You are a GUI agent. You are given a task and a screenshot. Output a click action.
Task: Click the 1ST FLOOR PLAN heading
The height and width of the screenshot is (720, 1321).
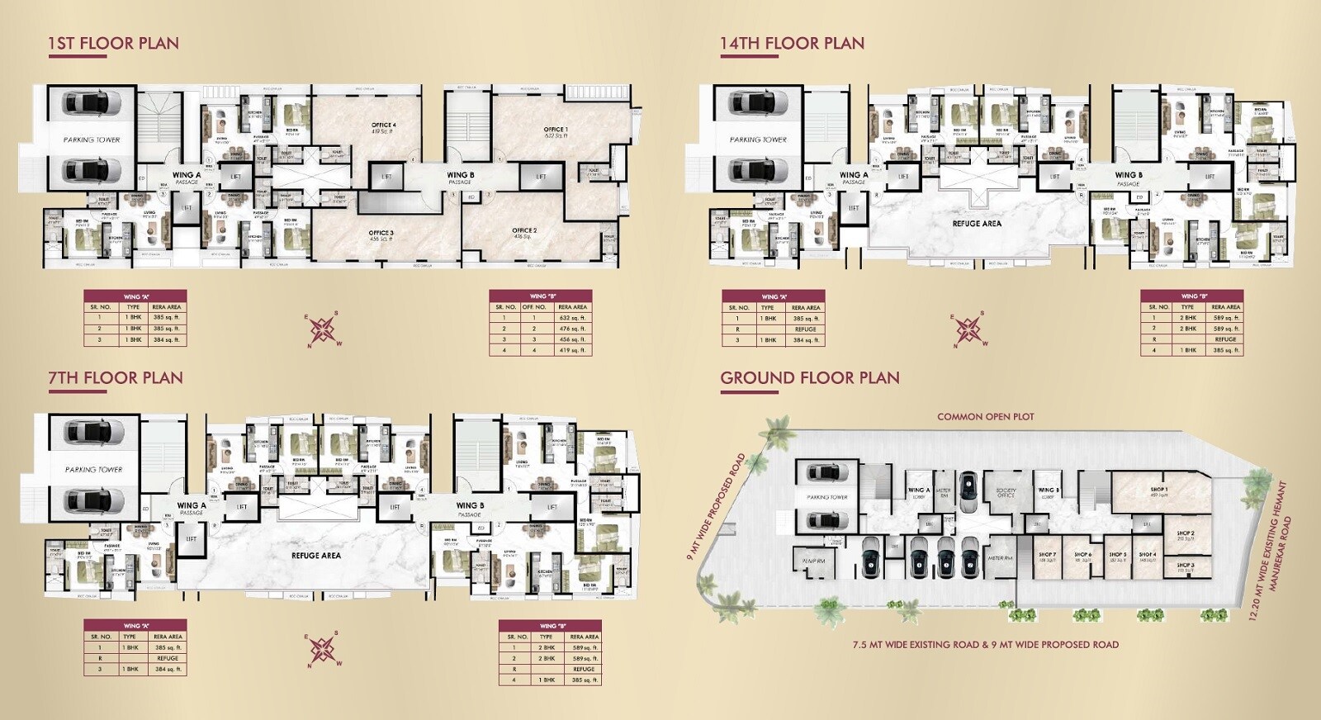[x=113, y=43]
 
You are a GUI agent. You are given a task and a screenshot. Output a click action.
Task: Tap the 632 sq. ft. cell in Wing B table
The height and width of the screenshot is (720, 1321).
[x=572, y=318]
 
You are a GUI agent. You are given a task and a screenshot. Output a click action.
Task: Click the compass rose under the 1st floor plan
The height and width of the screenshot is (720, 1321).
[x=324, y=329]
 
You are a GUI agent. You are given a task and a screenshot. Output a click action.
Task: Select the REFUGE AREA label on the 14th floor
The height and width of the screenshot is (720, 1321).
[x=976, y=223]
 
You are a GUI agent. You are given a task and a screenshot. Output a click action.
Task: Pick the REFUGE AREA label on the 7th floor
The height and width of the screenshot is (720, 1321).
[x=315, y=556]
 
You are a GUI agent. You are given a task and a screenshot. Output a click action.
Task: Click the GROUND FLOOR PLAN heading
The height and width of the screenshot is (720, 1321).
[x=809, y=377]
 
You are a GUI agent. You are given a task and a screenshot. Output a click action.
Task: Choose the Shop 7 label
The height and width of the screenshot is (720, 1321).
[x=1047, y=557]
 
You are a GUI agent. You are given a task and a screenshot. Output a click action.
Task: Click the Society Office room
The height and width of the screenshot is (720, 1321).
[x=1005, y=492]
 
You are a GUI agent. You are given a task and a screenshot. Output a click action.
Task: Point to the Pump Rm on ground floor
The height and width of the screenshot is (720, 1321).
[x=813, y=561]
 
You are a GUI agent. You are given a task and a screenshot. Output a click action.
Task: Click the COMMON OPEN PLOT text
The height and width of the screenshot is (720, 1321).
[x=985, y=417]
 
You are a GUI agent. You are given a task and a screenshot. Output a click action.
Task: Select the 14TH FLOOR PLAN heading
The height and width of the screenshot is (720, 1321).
[x=792, y=43]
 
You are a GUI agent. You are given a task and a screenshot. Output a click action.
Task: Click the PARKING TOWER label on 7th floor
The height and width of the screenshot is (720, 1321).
[x=93, y=469]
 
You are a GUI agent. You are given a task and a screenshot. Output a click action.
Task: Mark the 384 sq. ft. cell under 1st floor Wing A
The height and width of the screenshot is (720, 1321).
[x=166, y=339]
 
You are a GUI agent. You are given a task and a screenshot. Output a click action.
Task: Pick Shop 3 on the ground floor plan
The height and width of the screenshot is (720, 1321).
[x=1186, y=567]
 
